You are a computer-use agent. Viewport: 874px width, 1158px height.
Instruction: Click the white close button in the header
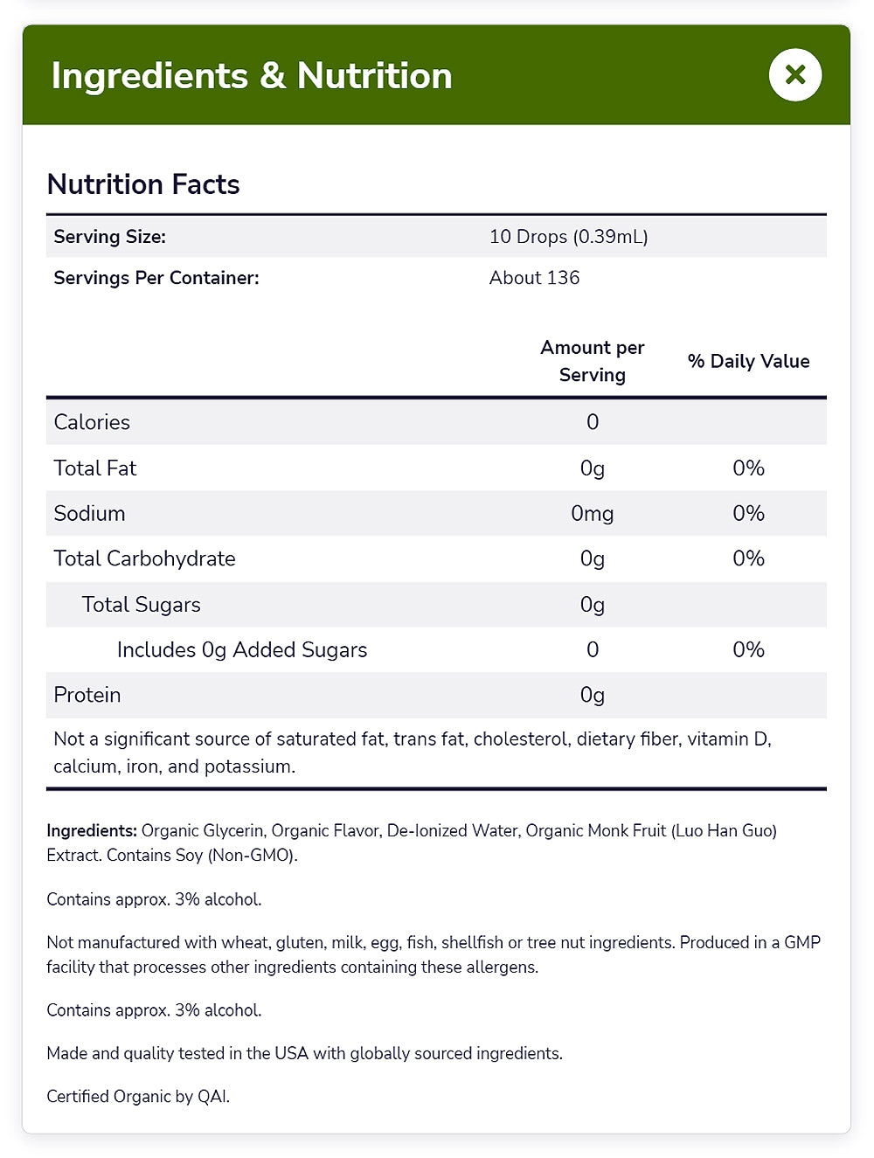click(794, 75)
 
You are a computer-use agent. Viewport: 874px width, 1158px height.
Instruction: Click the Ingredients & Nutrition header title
click(252, 76)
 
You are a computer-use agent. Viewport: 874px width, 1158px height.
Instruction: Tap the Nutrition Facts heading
click(143, 184)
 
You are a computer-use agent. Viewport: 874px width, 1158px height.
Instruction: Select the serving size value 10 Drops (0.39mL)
click(568, 237)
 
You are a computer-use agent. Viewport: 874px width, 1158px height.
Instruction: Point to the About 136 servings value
click(534, 278)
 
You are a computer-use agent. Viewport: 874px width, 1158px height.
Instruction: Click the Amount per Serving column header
click(592, 361)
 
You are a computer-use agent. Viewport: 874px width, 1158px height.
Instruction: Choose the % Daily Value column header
click(748, 361)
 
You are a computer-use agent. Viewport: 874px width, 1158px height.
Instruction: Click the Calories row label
click(92, 422)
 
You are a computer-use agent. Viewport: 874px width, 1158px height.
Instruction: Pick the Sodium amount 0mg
click(592, 513)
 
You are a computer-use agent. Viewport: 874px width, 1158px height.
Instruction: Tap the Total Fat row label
click(95, 468)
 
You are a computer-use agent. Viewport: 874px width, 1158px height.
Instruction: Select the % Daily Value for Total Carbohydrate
click(748, 558)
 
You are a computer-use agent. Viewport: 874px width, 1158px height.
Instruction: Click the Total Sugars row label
click(141, 605)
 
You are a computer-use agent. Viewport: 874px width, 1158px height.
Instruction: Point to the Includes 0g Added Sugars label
click(242, 650)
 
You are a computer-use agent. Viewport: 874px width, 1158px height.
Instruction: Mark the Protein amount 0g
click(592, 695)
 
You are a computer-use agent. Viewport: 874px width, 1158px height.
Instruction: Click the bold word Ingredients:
click(92, 830)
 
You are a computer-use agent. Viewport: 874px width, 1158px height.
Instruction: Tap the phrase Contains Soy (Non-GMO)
click(202, 855)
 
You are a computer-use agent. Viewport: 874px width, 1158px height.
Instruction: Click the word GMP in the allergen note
click(801, 942)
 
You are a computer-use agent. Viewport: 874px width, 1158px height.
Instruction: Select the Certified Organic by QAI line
click(138, 1096)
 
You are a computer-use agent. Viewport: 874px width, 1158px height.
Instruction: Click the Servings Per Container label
click(156, 278)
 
